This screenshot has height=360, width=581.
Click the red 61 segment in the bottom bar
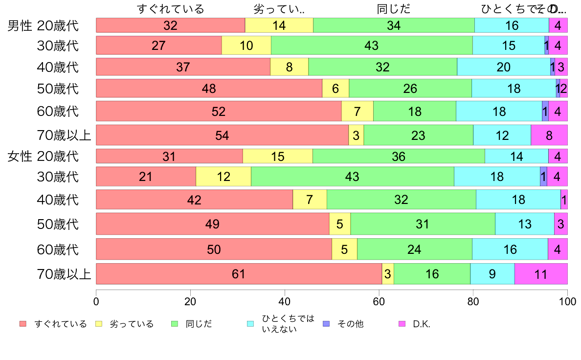click(x=239, y=274)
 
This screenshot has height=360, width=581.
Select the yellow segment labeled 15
click(x=277, y=157)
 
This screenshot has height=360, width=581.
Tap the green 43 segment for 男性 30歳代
click(x=372, y=45)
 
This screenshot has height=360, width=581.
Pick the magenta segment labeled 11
click(x=541, y=274)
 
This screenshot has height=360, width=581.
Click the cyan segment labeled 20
click(x=504, y=67)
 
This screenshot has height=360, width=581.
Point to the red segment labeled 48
click(x=209, y=89)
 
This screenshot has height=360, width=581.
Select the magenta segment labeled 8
click(x=549, y=135)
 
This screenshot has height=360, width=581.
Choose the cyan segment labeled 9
click(x=492, y=274)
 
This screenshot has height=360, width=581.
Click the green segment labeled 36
click(x=399, y=157)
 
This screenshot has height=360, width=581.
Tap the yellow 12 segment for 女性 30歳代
click(x=223, y=177)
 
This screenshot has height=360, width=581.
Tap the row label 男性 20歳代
click(x=43, y=25)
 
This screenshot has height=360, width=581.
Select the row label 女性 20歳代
click(x=43, y=157)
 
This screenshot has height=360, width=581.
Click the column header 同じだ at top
click(x=394, y=9)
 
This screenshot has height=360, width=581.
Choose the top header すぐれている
click(x=170, y=9)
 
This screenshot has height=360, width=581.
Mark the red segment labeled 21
click(x=146, y=177)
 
